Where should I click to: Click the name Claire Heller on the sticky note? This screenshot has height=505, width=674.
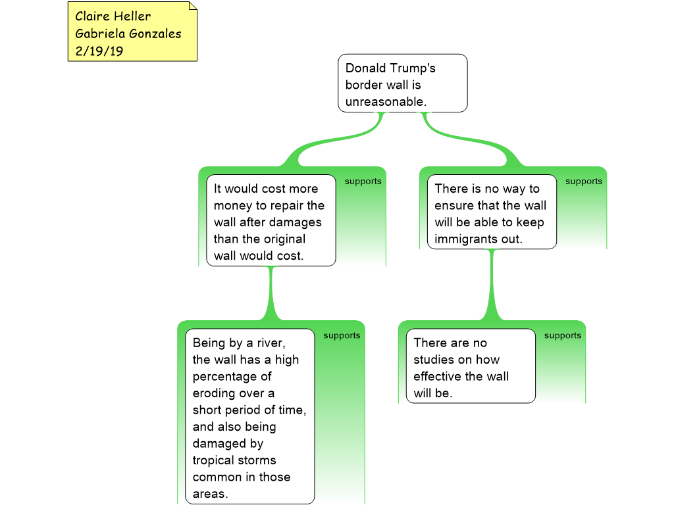(113, 16)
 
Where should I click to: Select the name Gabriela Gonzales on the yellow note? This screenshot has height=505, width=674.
(128, 34)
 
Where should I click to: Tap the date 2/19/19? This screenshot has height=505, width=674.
(99, 51)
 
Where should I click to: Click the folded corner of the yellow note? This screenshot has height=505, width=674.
(192, 6)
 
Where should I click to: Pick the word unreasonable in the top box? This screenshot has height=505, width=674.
(386, 102)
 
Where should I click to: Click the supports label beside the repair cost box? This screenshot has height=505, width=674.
(363, 181)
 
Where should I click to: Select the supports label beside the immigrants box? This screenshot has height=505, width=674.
(583, 181)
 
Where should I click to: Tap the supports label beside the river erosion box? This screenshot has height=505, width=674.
(342, 335)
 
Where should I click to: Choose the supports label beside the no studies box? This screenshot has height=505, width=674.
(562, 335)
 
